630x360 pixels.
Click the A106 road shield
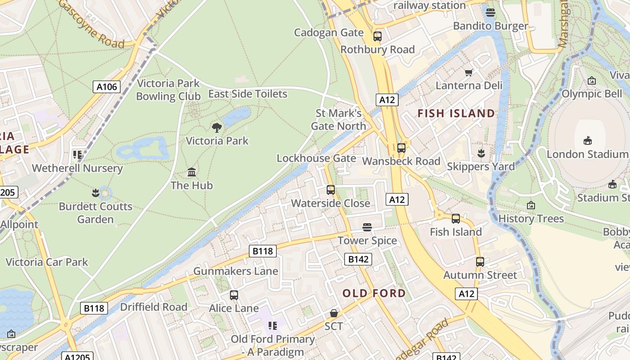click(x=107, y=87)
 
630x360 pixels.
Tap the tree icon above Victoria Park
click(x=217, y=127)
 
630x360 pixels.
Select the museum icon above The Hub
click(x=192, y=172)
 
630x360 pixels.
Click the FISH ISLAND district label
click(x=456, y=113)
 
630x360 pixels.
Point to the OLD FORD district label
click(x=374, y=293)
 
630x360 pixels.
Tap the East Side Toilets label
click(x=247, y=94)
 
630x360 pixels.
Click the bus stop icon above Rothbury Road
click(x=378, y=36)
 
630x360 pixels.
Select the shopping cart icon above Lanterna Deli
click(x=469, y=72)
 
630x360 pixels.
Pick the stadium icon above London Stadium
click(x=587, y=140)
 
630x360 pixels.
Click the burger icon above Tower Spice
click(x=367, y=227)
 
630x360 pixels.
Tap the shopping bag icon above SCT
click(x=334, y=313)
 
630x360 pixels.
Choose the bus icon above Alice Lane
click(x=234, y=295)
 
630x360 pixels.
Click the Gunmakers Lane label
click(x=236, y=271)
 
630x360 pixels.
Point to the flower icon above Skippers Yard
click(x=481, y=153)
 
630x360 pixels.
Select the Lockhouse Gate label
click(x=316, y=158)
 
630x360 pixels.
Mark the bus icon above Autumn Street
click(x=480, y=261)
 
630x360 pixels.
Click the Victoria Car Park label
click(x=47, y=262)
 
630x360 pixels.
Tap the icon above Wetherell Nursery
click(x=77, y=155)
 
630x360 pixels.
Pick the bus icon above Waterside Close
click(x=331, y=190)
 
